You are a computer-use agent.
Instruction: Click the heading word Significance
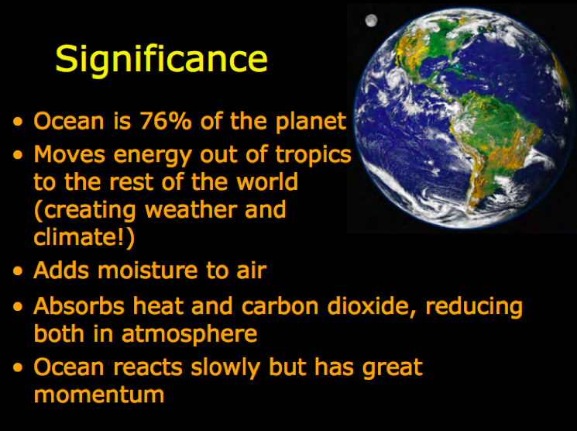pos(161,60)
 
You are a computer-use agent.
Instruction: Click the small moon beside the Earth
pos(371,20)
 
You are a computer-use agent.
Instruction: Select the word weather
pos(190,209)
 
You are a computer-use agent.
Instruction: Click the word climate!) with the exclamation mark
pos(84,237)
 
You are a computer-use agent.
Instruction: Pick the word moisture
pos(149,270)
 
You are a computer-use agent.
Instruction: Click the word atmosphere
pos(190,334)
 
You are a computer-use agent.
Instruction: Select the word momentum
pos(99,395)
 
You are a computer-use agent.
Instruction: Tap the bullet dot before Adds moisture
pos(18,271)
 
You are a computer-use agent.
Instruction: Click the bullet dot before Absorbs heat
pos(18,306)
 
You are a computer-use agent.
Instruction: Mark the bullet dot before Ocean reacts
pos(18,367)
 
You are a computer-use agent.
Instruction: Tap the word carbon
pos(280,306)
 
